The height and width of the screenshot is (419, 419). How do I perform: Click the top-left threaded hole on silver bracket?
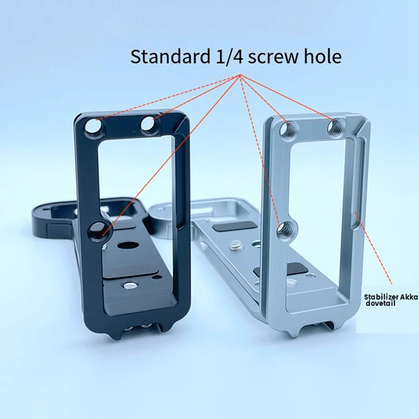coord(287,128)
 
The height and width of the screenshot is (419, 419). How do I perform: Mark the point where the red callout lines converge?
coord(240,76)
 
